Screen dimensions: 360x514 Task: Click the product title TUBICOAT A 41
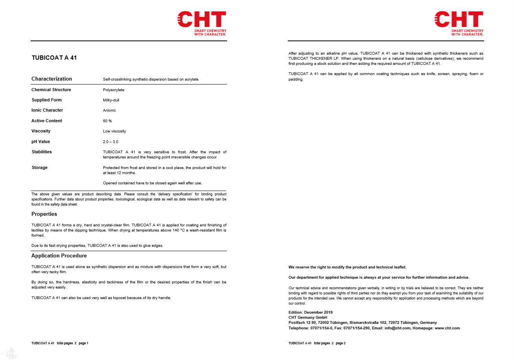tap(54, 58)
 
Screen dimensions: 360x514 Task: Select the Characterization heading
tap(52, 79)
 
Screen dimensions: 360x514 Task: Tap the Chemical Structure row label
tap(51, 90)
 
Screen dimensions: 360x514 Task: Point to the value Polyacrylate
tap(113, 90)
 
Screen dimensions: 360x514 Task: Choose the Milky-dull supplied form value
tap(111, 100)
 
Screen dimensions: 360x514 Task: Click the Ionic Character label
tap(47, 110)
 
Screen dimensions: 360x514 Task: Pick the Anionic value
tap(110, 110)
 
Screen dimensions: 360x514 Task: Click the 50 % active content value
tap(107, 121)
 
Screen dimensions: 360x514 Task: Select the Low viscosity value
tap(114, 131)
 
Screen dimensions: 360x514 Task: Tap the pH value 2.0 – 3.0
tap(110, 142)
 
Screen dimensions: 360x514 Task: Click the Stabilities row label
tap(42, 152)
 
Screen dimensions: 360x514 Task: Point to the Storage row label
tap(40, 168)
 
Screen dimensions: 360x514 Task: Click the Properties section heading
tap(44, 214)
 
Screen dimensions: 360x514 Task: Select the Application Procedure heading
tap(59, 256)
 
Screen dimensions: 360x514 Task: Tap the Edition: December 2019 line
tap(311, 312)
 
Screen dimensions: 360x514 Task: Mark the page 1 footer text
tap(60, 343)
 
